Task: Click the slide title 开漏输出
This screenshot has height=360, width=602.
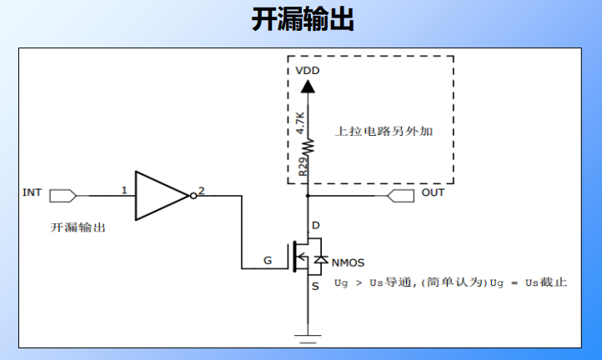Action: click(302, 20)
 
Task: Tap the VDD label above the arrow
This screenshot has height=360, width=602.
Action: click(308, 71)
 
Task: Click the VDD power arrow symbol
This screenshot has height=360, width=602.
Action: click(308, 85)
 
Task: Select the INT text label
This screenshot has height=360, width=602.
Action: click(32, 192)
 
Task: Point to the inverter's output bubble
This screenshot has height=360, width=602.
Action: click(193, 196)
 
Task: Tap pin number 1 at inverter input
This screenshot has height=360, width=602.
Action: click(123, 190)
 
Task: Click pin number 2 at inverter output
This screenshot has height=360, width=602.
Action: click(201, 190)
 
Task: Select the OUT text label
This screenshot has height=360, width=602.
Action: click(433, 192)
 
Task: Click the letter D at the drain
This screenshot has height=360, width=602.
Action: click(314, 226)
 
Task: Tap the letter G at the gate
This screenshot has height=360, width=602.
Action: click(268, 260)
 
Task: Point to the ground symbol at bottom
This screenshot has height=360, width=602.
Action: click(308, 337)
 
